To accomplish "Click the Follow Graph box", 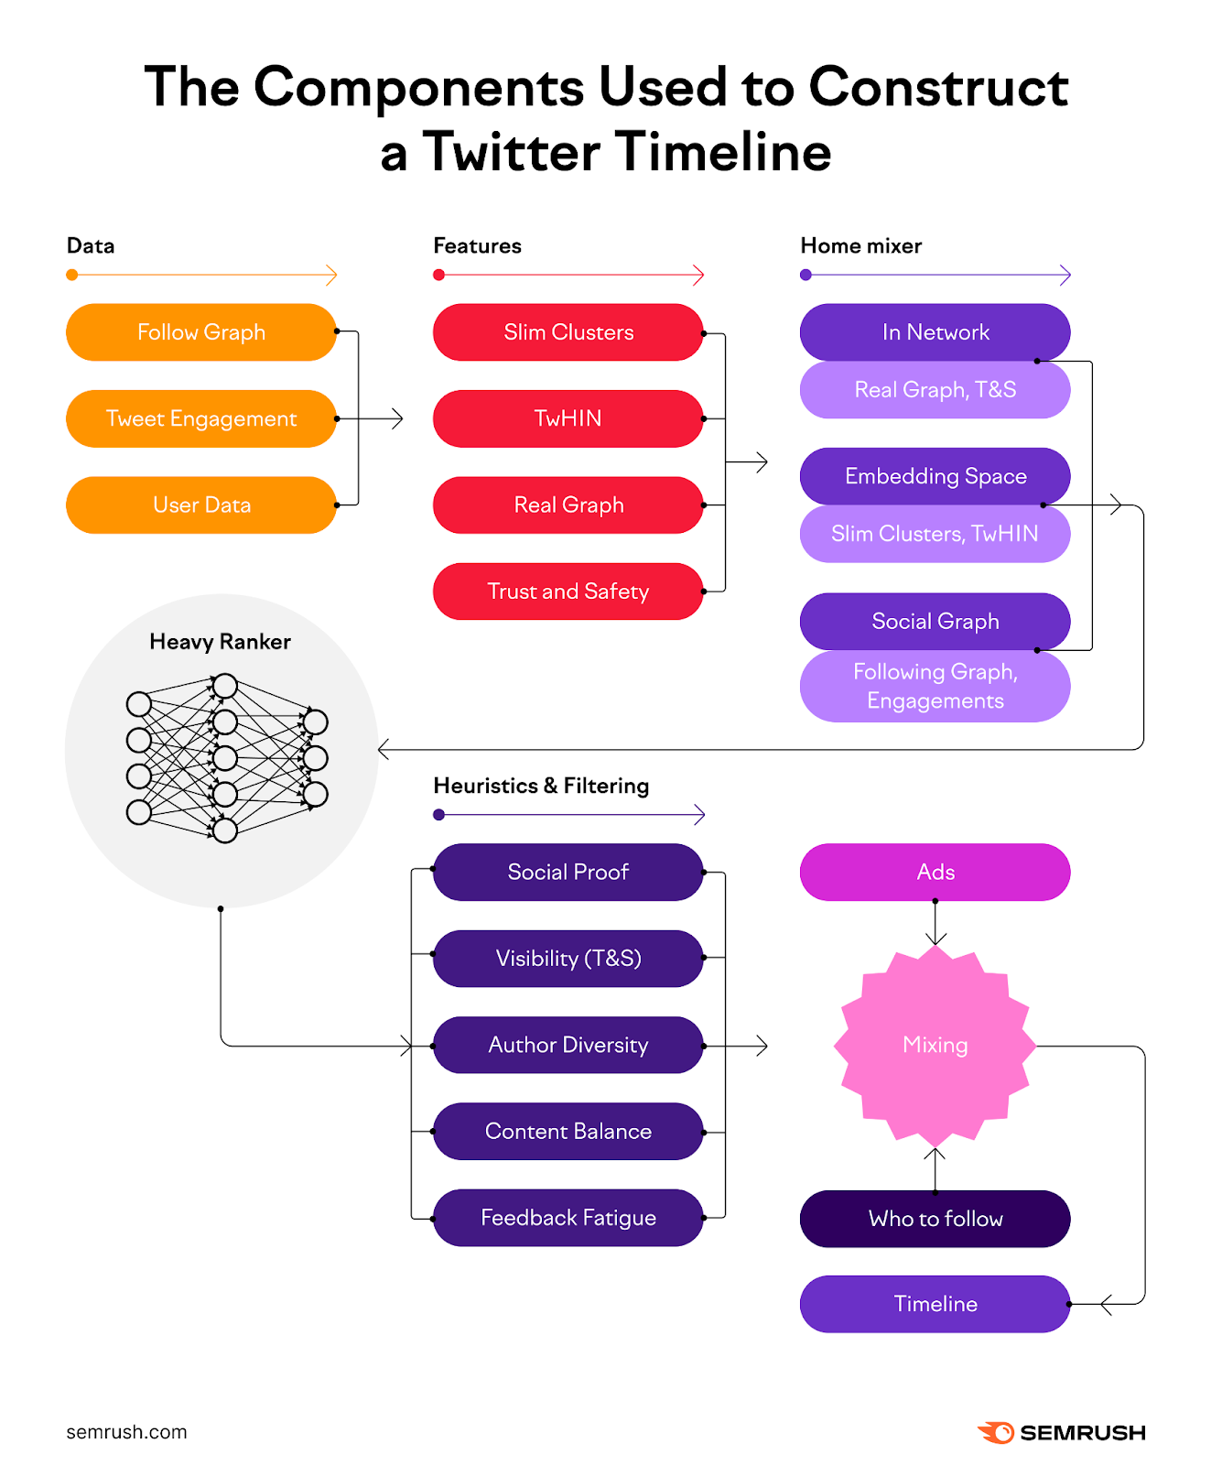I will point(201,332).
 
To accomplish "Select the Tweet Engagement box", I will point(201,418).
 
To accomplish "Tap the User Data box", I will point(201,505).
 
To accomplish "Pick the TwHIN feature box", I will point(568,418).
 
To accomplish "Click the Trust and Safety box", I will point(568,591).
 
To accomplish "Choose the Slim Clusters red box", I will point(568,332).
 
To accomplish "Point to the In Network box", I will point(935,332).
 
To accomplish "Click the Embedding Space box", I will point(935,476).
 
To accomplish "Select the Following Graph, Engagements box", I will point(935,686).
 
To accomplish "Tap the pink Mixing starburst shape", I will point(935,1045).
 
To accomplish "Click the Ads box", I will point(935,872).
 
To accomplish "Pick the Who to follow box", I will point(935,1219).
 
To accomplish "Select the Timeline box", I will point(935,1304).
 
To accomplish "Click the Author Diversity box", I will point(568,1045).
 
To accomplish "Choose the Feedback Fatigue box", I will point(568,1218).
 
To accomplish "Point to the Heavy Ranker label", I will point(220,642).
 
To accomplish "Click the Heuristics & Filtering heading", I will point(541,786).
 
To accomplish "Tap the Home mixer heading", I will point(860,245).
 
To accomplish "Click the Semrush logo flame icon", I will point(996,1432).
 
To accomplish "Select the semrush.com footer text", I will point(126,1432).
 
